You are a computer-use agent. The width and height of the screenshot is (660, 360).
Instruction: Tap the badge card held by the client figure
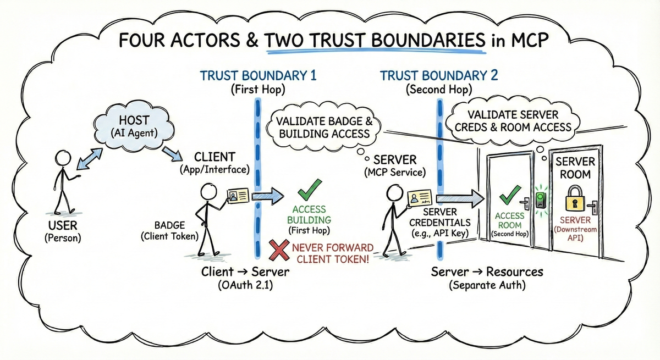240,196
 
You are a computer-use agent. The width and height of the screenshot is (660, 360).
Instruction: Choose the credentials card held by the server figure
421,198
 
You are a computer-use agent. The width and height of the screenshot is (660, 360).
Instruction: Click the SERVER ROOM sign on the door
575,168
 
